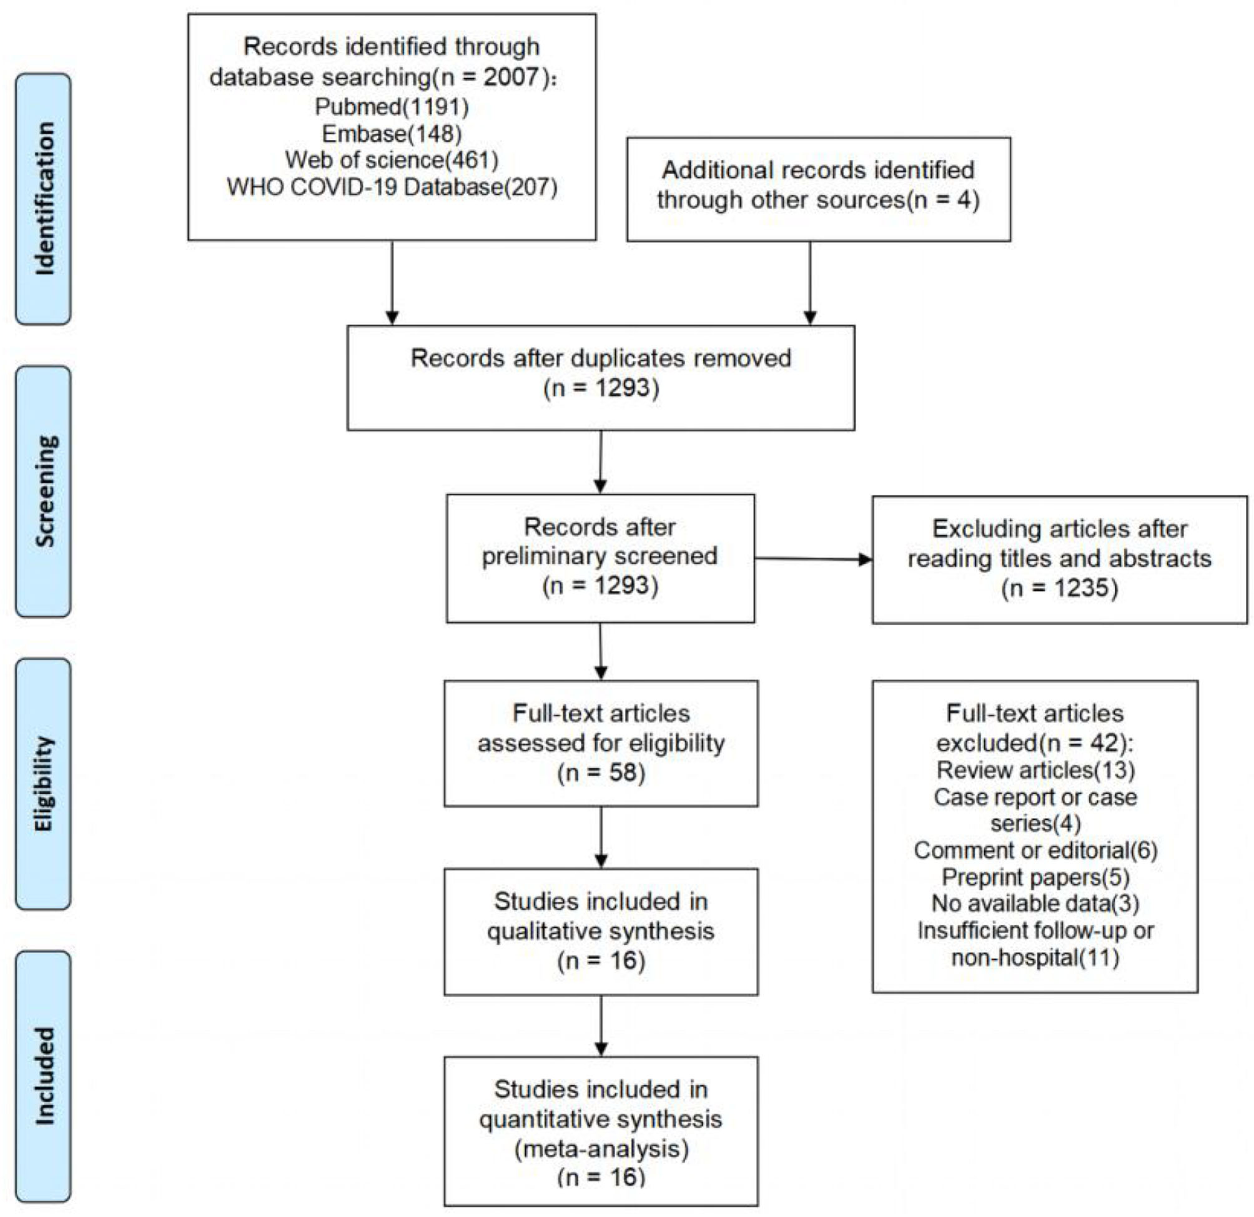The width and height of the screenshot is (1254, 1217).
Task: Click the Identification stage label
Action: point(44,199)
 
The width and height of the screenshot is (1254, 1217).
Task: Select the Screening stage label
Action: point(44,491)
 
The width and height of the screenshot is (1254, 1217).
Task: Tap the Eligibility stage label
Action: point(44,784)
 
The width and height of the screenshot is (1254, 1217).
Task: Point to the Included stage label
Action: point(44,1077)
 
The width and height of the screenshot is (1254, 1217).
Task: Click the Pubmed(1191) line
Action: point(392,106)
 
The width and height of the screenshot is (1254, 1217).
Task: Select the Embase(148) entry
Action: point(392,133)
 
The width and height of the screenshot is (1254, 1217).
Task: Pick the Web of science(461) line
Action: point(392,160)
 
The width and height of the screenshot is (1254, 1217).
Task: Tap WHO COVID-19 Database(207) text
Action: point(392,187)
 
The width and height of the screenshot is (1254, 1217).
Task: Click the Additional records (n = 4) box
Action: point(818,189)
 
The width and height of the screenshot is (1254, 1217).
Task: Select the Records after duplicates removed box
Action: point(600,378)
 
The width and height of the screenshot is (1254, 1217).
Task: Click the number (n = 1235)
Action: point(1060,588)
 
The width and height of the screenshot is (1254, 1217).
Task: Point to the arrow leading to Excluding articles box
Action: point(812,559)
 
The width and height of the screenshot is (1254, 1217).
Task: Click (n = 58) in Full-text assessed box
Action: point(601,773)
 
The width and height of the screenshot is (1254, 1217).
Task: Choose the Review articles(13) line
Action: point(1035,770)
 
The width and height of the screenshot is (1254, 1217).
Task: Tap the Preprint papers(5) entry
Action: point(1035,877)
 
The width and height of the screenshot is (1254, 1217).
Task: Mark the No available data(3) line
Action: point(1035,903)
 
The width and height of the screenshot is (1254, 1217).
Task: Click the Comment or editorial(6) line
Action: point(1035,850)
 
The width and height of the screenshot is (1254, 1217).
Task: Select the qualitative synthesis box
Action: point(601,931)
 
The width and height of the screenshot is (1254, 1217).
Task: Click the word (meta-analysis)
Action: point(601,1148)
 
